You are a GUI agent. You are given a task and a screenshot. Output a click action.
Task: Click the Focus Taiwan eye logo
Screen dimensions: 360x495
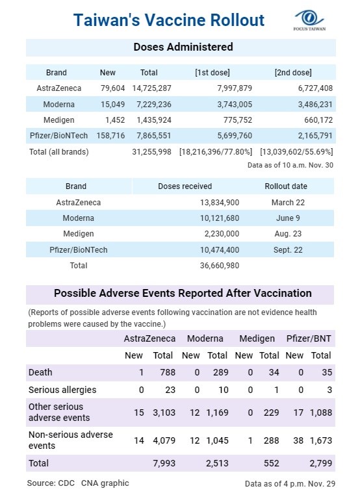[309, 18]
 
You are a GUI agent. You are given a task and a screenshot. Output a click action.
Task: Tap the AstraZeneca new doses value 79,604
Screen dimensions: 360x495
[112, 88]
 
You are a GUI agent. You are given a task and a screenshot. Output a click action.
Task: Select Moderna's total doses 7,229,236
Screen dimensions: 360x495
[154, 104]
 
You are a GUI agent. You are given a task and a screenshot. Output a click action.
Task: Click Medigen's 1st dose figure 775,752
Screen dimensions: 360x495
[238, 120]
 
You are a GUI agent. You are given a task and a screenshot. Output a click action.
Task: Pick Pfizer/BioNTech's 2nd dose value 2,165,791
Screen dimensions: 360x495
[315, 136]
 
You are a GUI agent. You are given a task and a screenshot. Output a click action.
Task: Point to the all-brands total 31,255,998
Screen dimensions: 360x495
[151, 152]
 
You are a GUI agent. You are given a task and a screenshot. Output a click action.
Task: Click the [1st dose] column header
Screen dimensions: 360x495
[212, 73]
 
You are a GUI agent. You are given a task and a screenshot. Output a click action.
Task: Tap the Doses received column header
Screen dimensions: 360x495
[185, 186]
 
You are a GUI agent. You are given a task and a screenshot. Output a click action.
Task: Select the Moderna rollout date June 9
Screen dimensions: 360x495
[288, 218]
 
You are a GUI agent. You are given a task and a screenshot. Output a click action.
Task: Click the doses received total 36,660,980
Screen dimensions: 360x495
[220, 266]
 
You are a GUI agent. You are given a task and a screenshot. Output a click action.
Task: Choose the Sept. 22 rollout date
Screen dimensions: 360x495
[288, 250]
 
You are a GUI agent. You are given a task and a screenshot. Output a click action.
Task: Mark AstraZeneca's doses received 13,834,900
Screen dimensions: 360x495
[220, 203]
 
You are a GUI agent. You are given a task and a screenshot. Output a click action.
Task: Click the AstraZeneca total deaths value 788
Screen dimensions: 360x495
[168, 372]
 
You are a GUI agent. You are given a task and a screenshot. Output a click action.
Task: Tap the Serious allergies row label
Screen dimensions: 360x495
[62, 390]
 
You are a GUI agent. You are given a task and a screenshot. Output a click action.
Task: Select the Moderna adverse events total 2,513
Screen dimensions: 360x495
[217, 463]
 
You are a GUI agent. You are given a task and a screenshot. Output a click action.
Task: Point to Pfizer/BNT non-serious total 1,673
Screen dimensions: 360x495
[321, 440]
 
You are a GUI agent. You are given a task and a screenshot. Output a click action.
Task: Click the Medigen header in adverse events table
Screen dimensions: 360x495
[257, 338]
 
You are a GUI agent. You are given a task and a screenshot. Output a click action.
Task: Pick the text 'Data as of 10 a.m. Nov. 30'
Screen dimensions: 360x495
[290, 165]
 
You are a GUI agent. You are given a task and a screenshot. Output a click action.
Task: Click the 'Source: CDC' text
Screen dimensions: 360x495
[51, 483]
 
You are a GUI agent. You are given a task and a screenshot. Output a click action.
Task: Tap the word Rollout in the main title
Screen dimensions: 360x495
[237, 20]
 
